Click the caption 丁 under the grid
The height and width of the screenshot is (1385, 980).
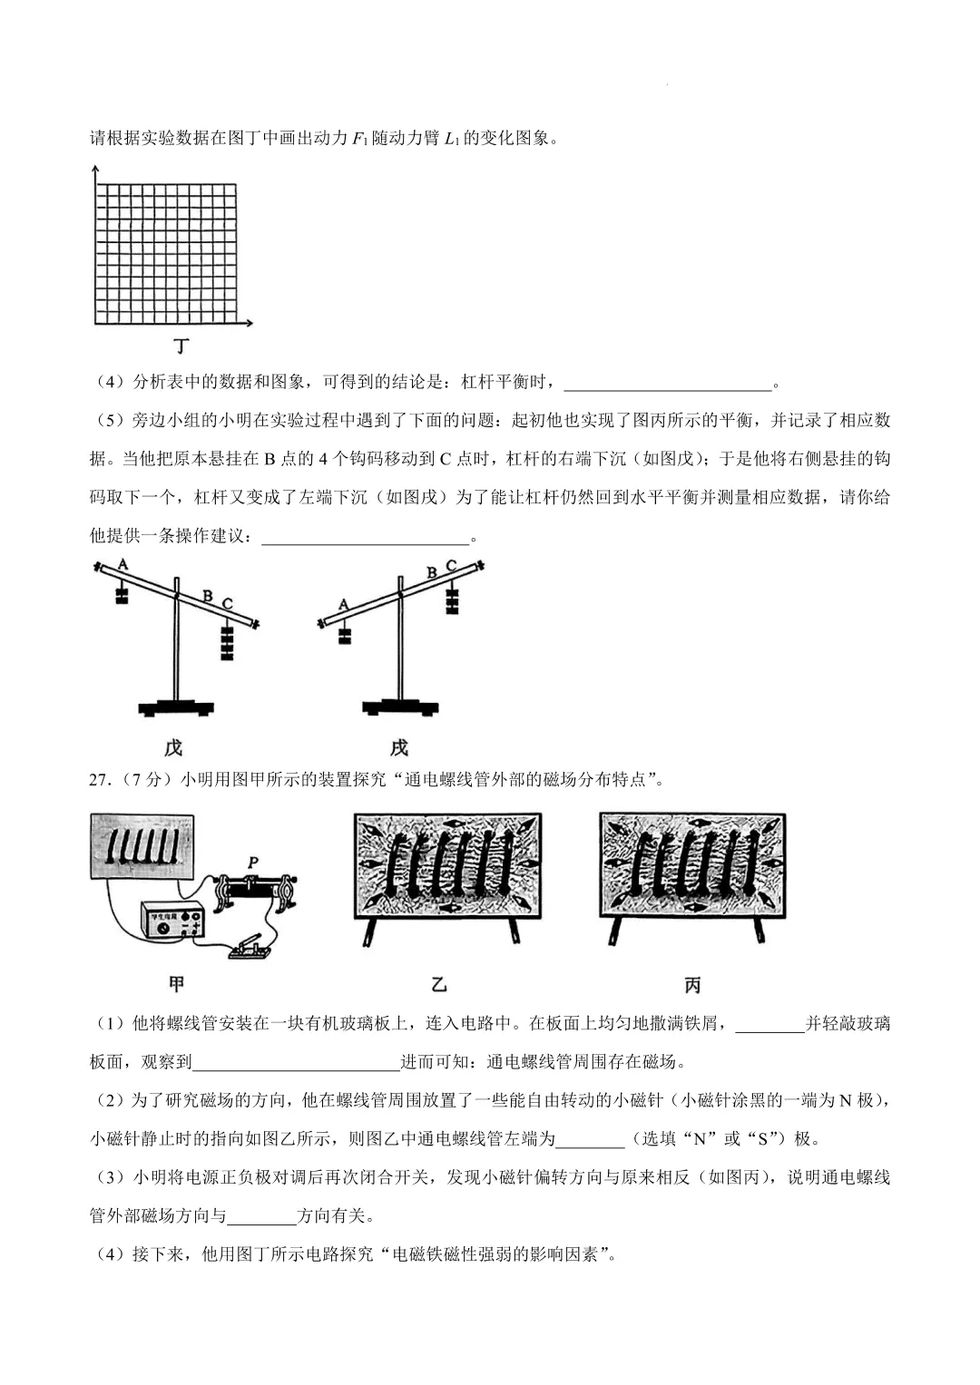[182, 346]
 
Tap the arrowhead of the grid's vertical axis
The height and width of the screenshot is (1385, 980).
[94, 170]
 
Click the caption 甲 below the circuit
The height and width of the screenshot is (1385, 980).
[178, 984]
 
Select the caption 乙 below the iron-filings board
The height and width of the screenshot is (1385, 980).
[439, 984]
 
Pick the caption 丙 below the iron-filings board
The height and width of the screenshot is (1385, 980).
[691, 984]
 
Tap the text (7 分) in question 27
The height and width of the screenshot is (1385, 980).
[144, 779]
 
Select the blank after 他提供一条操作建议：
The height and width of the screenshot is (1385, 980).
[365, 537]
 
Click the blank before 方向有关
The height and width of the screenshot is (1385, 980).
[261, 1216]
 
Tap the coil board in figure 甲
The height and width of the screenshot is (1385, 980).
[142, 845]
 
